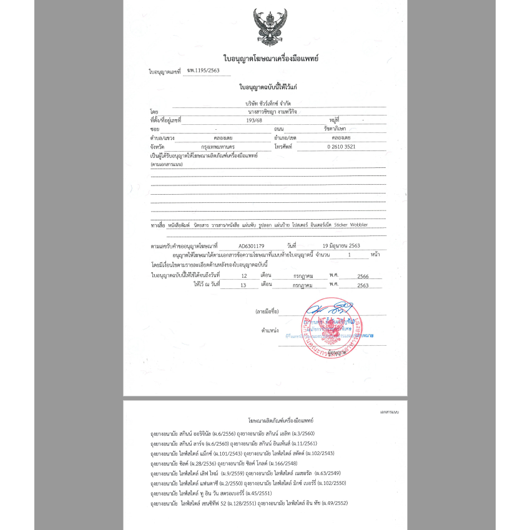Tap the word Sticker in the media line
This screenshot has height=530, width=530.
[345, 224]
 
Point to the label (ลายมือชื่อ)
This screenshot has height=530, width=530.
[266, 310]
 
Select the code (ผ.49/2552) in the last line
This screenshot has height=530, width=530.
[334, 503]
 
